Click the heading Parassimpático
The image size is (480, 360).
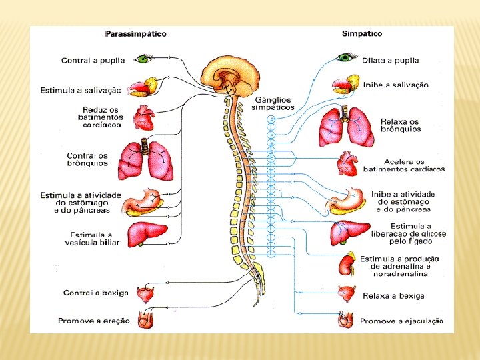136,33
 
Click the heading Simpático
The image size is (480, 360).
362,33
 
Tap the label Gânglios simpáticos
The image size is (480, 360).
272,103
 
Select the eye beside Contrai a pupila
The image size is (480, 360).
145,59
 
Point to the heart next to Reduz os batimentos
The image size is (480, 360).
143,118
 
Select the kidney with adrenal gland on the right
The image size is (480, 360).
347,265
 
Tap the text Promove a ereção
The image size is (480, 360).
94,321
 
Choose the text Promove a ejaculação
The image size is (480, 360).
401,321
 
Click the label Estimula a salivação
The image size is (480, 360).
81,90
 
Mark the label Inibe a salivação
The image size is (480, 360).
396,85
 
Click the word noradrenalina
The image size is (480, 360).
400,274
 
